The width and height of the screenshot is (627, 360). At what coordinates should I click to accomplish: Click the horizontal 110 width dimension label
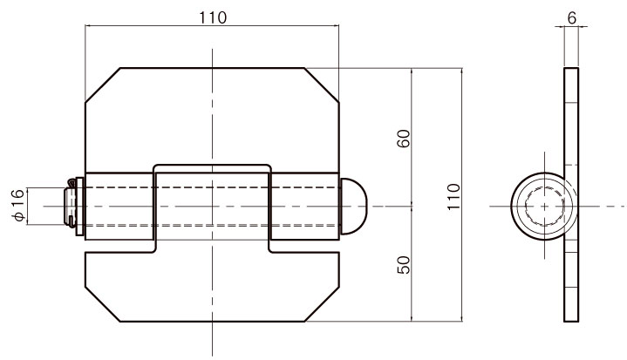tap(212, 17)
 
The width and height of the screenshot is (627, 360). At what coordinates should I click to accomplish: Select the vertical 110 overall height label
tap(453, 197)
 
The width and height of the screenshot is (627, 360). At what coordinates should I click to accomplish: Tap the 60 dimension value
tap(404, 139)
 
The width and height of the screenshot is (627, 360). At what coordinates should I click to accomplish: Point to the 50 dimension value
tap(404, 265)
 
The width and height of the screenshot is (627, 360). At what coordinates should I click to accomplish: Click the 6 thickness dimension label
tap(572, 18)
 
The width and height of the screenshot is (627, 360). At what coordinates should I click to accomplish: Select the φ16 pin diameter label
tap(18, 206)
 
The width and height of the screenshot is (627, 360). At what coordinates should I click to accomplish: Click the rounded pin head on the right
tap(353, 207)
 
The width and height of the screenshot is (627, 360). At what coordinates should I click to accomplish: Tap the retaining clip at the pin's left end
tap(70, 203)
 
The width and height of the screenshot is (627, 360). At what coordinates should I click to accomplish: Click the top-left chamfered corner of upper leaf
tap(103, 85)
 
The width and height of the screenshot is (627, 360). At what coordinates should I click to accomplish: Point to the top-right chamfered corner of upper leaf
tap(322, 85)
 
